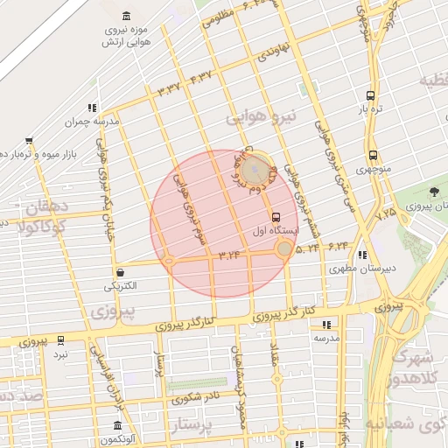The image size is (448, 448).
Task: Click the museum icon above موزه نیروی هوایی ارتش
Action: point(129,16)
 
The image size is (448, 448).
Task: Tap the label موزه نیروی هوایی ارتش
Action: point(128,35)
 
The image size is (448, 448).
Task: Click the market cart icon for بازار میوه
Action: point(29,141)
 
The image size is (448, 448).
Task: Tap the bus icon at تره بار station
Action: point(372,95)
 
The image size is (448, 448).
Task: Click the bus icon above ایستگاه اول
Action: point(276,216)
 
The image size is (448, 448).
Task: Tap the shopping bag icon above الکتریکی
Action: point(119,272)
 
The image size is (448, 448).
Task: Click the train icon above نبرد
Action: point(60,340)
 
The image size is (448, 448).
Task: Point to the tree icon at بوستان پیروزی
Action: point(435,192)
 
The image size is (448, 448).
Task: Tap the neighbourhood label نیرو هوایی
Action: point(262,115)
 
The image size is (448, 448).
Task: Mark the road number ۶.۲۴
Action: point(339,248)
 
